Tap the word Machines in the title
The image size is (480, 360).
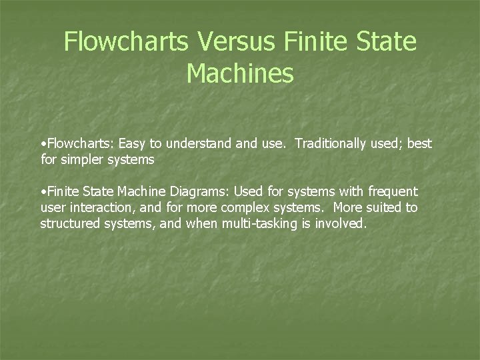pos(240,73)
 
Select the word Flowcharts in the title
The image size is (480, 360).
pos(125,43)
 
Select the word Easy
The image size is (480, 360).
pos(133,143)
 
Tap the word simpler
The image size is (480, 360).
pos(85,159)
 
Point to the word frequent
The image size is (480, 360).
pos(392,191)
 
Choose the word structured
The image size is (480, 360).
pos(69,223)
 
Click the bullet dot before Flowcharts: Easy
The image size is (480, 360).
pos(43,144)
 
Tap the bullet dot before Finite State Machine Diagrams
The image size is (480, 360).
pos(43,192)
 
